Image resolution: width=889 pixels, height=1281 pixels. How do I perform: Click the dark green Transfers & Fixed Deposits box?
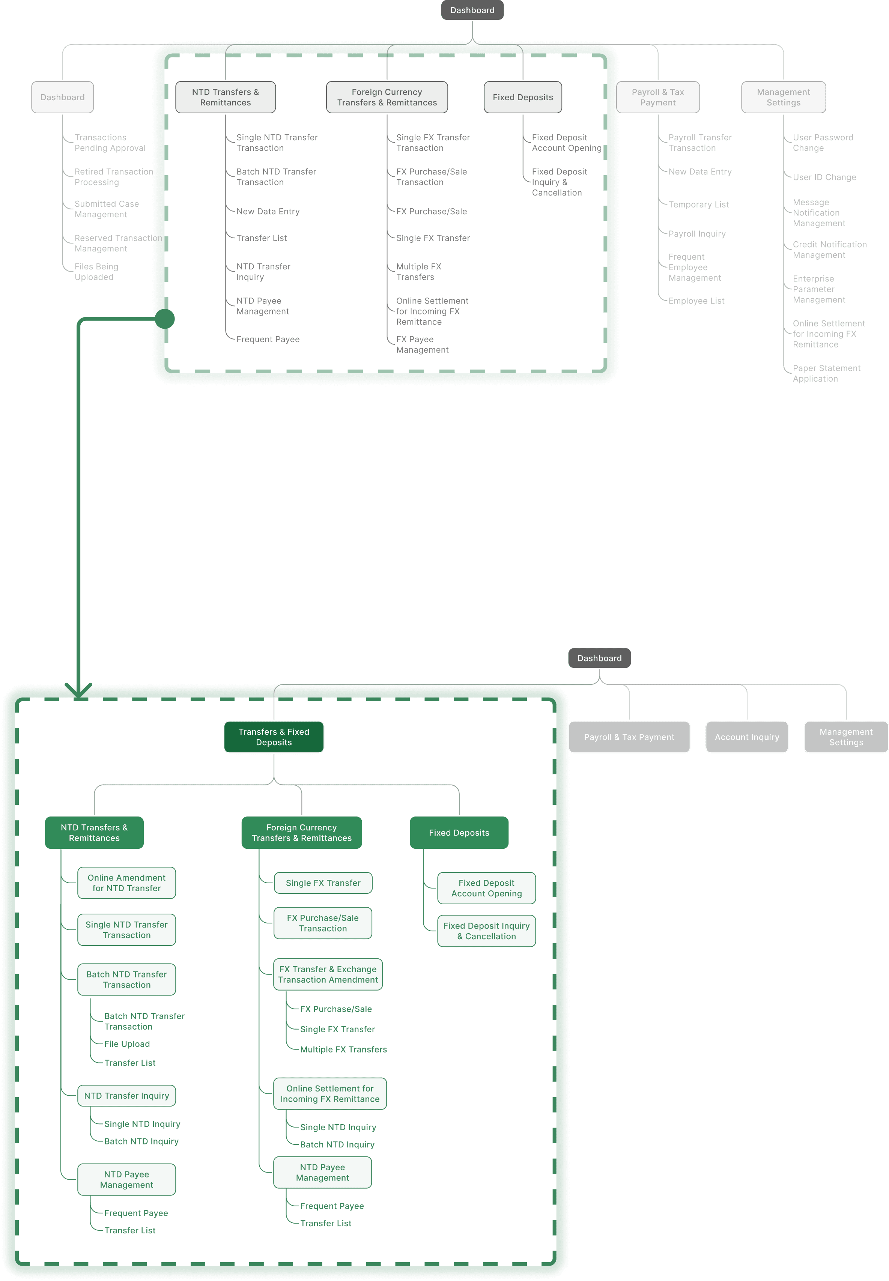click(274, 737)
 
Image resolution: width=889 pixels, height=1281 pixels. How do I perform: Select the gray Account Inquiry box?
click(746, 737)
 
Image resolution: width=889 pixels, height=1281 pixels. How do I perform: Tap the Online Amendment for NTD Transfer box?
click(126, 883)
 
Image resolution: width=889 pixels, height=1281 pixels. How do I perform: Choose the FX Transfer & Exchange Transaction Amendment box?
click(328, 974)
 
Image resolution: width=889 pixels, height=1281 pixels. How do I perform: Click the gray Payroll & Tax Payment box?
click(629, 737)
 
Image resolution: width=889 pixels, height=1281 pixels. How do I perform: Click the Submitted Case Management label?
click(107, 209)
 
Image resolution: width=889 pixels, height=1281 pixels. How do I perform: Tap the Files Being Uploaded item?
click(96, 272)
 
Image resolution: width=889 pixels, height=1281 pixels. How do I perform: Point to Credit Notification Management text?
click(829, 250)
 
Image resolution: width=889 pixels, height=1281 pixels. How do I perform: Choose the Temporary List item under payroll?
click(698, 204)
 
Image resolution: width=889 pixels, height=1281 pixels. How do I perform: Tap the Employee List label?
click(696, 301)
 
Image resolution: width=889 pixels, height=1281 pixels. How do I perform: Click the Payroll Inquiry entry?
click(697, 234)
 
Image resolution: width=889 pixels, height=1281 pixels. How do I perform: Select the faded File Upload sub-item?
click(127, 1044)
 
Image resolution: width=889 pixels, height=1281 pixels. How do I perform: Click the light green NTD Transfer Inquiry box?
click(126, 1096)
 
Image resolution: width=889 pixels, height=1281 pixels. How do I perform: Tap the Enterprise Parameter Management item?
click(819, 289)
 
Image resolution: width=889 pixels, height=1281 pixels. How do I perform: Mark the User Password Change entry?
click(823, 143)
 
